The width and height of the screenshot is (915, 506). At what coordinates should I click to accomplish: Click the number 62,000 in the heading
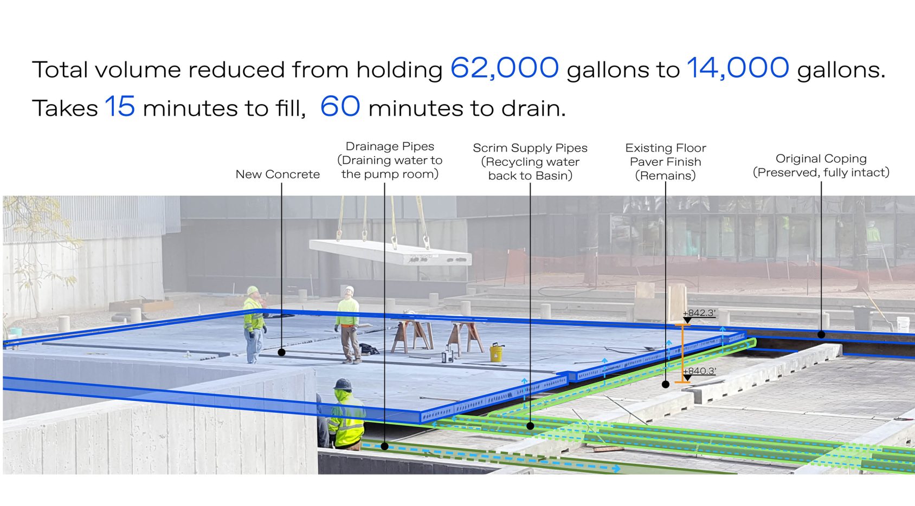[505, 68]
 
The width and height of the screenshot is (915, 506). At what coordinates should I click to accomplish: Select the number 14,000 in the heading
[738, 68]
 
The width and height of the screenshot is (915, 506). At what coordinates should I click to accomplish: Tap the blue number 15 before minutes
[120, 106]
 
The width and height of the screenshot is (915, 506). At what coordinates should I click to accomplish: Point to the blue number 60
[340, 106]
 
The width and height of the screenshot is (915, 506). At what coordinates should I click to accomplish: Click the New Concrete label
[278, 174]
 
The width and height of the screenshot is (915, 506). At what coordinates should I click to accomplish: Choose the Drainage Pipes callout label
[390, 160]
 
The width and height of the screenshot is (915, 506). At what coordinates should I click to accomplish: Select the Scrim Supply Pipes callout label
[530, 162]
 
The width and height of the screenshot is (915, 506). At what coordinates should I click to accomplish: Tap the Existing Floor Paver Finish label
[666, 162]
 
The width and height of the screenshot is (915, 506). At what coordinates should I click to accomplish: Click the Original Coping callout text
[821, 165]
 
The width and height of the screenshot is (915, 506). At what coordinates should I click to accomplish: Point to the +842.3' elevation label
[699, 313]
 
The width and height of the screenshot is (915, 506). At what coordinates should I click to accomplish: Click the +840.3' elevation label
[699, 371]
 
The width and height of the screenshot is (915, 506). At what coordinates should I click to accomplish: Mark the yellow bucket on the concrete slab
[496, 353]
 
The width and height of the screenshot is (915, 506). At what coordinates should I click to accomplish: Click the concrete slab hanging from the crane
[390, 252]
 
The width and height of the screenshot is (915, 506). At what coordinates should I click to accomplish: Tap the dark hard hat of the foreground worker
[343, 384]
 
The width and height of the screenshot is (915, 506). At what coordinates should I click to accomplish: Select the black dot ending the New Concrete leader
[281, 352]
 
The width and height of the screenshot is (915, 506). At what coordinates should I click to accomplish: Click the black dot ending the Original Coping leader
[821, 334]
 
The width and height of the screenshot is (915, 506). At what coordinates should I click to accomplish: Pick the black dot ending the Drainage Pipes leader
[384, 446]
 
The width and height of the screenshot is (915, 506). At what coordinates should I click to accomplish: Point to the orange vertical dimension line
[682, 354]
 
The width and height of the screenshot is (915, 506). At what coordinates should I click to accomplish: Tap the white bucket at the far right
[903, 325]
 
